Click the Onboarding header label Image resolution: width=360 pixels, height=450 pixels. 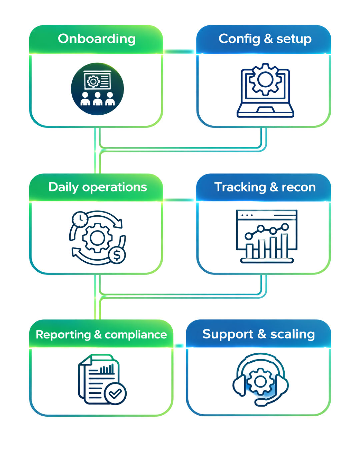(x=97, y=39)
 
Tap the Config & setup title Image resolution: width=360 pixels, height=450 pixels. (x=265, y=39)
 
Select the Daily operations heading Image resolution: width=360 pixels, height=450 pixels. (x=98, y=187)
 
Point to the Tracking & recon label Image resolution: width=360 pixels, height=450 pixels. (x=265, y=187)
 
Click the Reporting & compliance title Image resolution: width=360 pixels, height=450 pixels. (x=101, y=334)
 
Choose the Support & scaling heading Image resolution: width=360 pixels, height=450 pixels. (x=259, y=334)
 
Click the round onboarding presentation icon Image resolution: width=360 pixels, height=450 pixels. (x=97, y=89)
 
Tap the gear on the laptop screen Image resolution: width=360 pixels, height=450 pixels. (x=265, y=79)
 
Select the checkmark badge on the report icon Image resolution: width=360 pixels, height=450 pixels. (x=115, y=394)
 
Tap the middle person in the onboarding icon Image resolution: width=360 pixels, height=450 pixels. (x=97, y=99)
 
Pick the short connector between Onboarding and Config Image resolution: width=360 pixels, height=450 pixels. (x=179, y=51)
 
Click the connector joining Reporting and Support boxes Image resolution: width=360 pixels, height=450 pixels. (x=179, y=346)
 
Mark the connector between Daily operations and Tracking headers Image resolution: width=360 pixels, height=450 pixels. (x=179, y=200)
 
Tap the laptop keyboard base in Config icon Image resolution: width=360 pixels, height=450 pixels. (x=265, y=111)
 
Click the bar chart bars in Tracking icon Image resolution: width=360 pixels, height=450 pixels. (x=267, y=248)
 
